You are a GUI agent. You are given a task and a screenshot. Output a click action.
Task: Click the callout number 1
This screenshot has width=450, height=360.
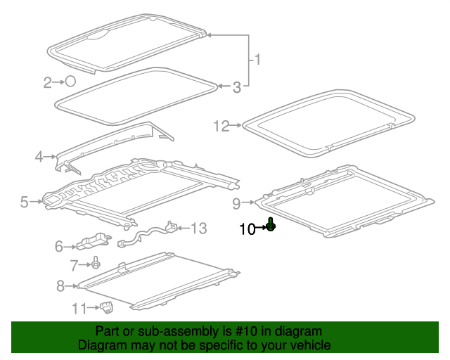[x=257, y=60]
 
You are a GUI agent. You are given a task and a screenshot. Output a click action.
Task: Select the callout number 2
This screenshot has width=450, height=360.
[x=48, y=83]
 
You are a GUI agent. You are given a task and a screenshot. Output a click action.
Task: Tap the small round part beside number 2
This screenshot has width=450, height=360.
[x=70, y=82]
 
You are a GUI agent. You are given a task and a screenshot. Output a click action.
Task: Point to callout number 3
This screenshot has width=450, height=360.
[x=237, y=87]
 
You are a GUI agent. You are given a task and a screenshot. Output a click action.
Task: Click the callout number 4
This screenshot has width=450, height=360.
[x=39, y=156]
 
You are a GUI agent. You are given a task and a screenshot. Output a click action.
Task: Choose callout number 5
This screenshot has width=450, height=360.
[x=25, y=202]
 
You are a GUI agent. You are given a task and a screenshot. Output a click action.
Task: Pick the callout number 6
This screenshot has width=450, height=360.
[x=59, y=246]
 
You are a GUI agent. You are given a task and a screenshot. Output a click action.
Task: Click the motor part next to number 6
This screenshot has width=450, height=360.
[x=94, y=241]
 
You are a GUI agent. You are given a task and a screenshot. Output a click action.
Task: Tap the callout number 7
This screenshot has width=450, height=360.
[x=74, y=265]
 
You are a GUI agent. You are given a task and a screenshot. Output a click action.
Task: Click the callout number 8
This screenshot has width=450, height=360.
[x=60, y=285]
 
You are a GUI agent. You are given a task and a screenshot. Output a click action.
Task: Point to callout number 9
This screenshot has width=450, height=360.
[x=236, y=204]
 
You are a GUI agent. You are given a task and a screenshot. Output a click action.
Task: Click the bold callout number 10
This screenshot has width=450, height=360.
[x=247, y=228]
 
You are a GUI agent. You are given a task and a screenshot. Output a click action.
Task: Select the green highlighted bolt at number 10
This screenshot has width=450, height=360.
[x=271, y=226]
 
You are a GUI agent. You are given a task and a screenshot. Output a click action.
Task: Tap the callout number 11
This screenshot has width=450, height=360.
[x=78, y=308]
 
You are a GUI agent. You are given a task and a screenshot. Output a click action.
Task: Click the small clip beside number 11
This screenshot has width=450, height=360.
[x=107, y=306]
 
